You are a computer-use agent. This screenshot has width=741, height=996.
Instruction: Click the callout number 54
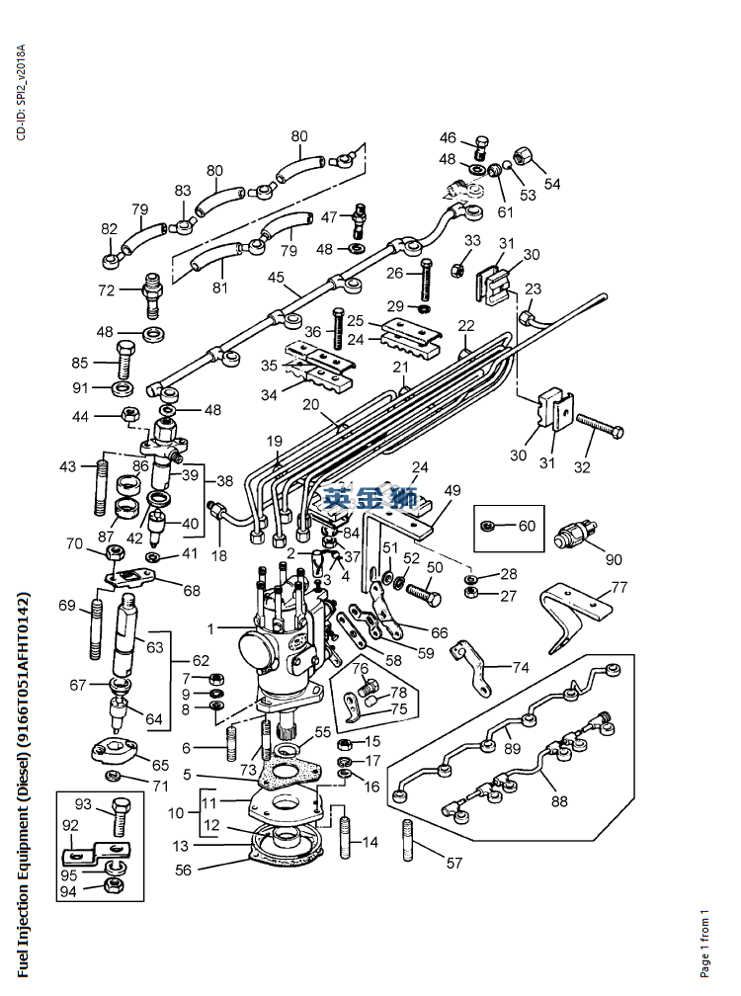click(x=551, y=184)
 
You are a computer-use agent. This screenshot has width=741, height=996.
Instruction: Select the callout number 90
click(x=613, y=560)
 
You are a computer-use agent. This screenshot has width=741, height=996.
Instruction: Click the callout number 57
click(x=453, y=863)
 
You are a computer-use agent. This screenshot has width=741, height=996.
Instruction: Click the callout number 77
click(x=618, y=587)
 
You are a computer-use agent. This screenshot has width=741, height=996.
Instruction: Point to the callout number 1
click(x=210, y=628)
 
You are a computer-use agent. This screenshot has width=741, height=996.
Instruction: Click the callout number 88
click(x=559, y=801)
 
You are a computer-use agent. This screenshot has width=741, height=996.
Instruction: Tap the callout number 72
click(x=106, y=290)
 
